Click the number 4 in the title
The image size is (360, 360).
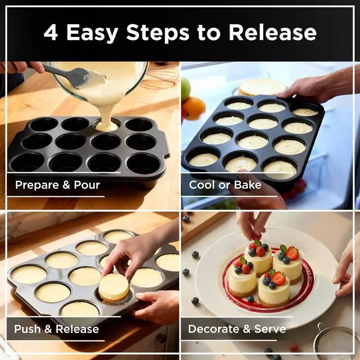(x=51, y=33)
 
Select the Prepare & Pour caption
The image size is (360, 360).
(x=57, y=185)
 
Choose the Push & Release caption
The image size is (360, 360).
(x=56, y=329)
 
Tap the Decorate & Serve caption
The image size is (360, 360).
(x=237, y=329)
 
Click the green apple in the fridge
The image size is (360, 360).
(x=185, y=88)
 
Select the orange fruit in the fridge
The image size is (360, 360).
(x=193, y=108)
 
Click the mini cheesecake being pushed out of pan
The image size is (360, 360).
(x=114, y=287)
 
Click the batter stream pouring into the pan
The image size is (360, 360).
(x=106, y=110)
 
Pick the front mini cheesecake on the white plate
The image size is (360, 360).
(x=274, y=289)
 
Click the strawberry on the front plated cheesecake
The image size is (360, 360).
(x=278, y=278)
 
